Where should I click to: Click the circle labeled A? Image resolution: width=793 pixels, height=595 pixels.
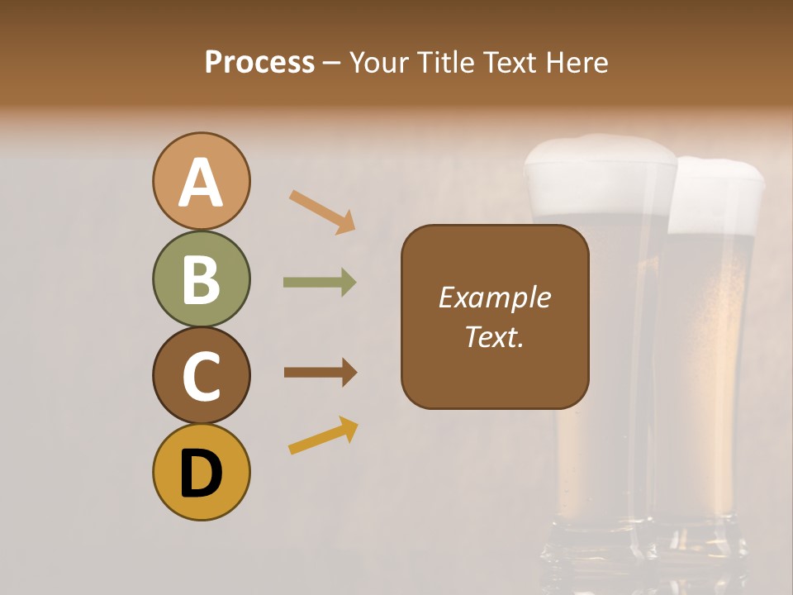pyautogui.click(x=201, y=181)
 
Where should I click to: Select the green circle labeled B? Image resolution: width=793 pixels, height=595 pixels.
pyautogui.click(x=201, y=278)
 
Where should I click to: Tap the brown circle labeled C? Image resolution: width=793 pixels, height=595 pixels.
pyautogui.click(x=201, y=375)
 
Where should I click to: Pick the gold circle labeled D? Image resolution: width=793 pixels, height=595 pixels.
pyautogui.click(x=201, y=472)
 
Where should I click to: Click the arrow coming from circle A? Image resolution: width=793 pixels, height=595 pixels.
pyautogui.click(x=322, y=212)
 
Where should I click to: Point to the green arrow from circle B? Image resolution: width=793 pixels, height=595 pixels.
pyautogui.click(x=320, y=283)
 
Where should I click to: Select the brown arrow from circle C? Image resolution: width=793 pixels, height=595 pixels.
pyautogui.click(x=321, y=372)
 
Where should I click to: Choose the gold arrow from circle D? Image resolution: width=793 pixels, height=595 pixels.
pyautogui.click(x=323, y=436)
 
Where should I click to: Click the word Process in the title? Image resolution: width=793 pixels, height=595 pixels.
pyautogui.click(x=259, y=62)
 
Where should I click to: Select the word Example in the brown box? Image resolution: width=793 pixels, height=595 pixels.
pyautogui.click(x=494, y=297)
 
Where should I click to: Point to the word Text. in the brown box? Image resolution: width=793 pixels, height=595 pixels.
pyautogui.click(x=494, y=336)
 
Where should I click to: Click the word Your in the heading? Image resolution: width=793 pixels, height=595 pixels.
pyautogui.click(x=376, y=62)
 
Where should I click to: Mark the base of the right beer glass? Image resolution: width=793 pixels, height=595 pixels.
pyautogui.click(x=702, y=541)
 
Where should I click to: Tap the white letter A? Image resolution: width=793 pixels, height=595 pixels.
pyautogui.click(x=201, y=183)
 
